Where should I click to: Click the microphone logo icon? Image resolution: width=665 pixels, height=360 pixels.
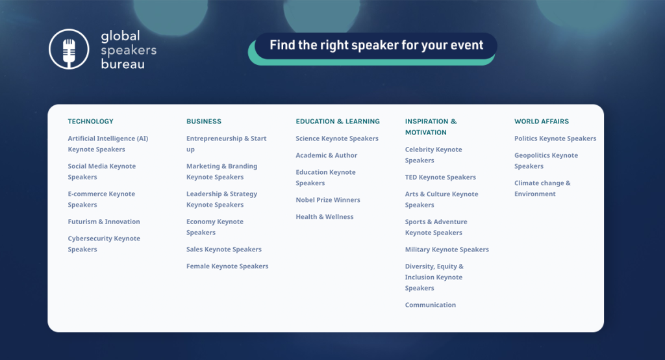click(69, 49)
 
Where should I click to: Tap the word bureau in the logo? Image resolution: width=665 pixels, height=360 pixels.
click(123, 64)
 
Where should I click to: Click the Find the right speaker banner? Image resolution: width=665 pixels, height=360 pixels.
click(376, 45)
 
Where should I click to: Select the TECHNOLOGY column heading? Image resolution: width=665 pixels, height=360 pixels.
click(91, 122)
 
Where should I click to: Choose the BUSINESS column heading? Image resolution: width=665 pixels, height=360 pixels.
click(204, 122)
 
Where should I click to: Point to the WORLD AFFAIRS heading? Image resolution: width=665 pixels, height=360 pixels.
click(542, 122)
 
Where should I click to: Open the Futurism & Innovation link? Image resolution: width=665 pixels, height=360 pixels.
click(104, 222)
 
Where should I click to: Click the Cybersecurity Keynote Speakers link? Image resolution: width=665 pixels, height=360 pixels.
click(104, 244)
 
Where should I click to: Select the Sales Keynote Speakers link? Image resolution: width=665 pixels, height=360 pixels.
click(224, 249)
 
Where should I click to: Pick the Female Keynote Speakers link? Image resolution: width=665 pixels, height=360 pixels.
click(227, 266)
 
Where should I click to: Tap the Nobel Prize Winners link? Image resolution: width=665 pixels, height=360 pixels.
click(328, 200)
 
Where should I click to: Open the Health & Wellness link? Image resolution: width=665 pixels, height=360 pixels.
click(325, 216)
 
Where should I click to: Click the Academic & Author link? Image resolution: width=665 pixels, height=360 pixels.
click(327, 155)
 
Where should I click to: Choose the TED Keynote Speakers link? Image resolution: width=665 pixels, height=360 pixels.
click(440, 177)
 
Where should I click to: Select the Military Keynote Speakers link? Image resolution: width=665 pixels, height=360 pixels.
click(447, 250)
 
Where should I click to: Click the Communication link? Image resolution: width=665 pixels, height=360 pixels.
click(431, 305)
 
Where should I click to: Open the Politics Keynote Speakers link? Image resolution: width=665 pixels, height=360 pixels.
click(555, 138)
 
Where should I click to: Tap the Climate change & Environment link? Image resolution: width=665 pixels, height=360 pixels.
click(542, 188)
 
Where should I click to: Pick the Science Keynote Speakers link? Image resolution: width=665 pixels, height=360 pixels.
click(337, 138)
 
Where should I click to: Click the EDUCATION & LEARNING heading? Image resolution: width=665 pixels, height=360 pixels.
click(338, 122)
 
